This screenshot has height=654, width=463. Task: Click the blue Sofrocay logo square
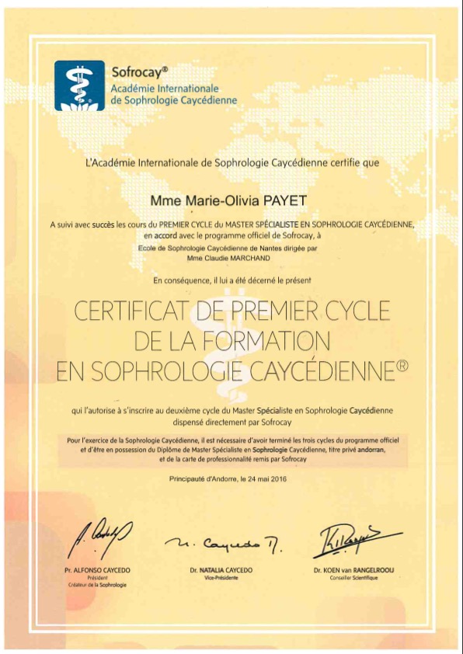coord(79,85)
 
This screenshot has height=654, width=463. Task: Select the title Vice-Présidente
coord(220,578)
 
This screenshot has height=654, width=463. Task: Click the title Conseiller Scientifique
coord(353,578)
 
